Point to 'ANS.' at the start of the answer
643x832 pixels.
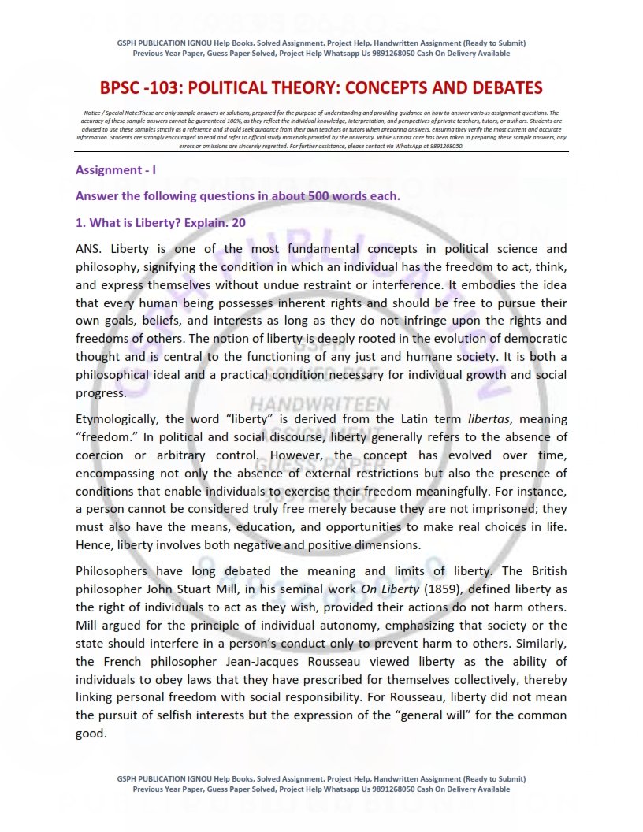coord(89,249)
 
